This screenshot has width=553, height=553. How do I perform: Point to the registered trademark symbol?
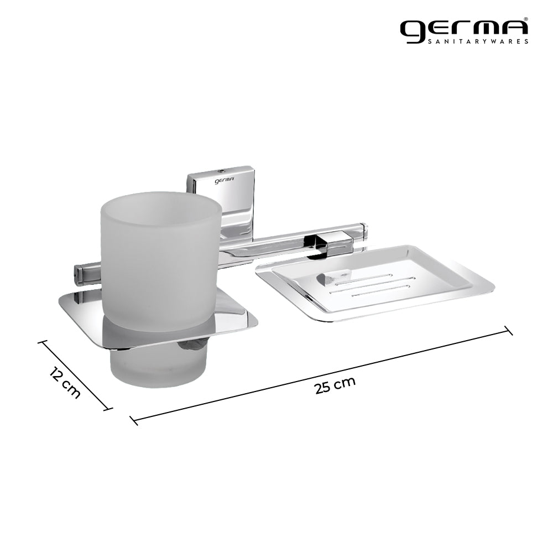point(525,19)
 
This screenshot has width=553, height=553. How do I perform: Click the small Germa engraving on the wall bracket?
point(225,179)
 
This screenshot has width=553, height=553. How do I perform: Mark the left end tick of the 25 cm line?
point(133,420)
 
